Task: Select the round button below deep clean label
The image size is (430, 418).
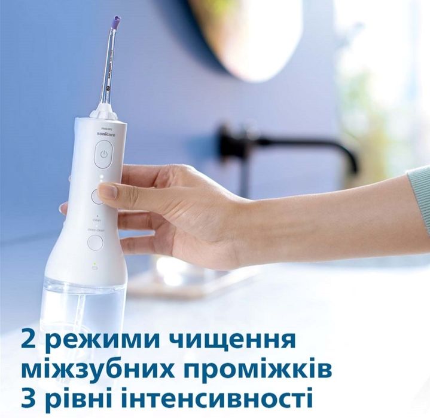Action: (95, 242)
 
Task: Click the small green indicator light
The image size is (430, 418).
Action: (94, 263)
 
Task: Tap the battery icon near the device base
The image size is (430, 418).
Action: (94, 269)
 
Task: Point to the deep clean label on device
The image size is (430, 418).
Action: (96, 228)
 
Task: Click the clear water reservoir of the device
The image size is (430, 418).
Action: (84, 305)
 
